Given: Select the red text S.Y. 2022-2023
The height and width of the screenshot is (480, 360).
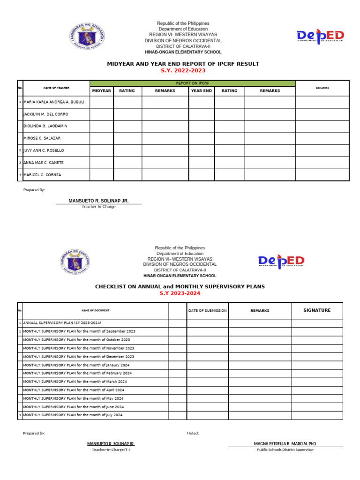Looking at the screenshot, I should coord(183,71).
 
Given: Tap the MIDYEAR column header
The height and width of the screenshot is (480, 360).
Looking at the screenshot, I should coord(101,91).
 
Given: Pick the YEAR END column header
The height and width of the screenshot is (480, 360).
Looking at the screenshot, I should coord(201,91).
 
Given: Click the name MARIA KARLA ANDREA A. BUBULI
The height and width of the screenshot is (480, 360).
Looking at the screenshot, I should coord(54,102).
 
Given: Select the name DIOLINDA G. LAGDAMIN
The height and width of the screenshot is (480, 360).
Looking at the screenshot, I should coord(45,127).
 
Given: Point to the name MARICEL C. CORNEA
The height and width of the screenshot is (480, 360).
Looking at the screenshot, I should coord(42,175).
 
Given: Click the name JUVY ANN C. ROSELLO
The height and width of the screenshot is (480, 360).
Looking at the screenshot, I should coord(44,150).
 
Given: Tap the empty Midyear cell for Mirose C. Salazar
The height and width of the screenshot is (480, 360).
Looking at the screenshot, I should coord(101,139).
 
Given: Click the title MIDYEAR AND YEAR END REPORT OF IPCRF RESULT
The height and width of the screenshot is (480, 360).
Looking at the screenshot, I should coord(183,64).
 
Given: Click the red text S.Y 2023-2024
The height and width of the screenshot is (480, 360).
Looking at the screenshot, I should coord(180,293).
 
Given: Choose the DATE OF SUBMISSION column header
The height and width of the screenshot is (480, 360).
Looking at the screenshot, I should coord(207,310).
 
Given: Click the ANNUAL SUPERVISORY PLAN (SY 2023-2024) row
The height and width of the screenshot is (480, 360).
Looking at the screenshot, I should coord(62,323).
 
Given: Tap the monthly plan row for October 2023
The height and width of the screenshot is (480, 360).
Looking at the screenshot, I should coord(77,339).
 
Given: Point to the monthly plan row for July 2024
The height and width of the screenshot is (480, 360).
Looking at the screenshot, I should coord(73,415).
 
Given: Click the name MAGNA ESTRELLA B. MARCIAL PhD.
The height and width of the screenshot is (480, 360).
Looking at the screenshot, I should coord(285,443).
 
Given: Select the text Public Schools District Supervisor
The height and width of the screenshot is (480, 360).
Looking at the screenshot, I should coord(285,450).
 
